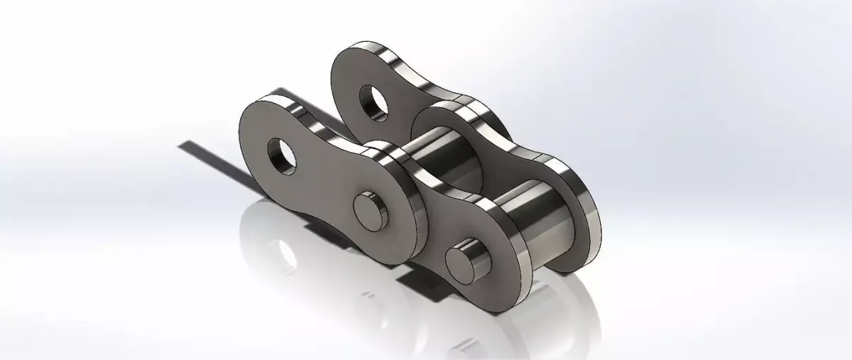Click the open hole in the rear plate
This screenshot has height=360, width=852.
pyautogui.click(x=373, y=101)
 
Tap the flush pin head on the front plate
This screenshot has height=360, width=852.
pyautogui.click(x=371, y=210)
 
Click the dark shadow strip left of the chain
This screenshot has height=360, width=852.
pyautogui.click(x=213, y=159)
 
